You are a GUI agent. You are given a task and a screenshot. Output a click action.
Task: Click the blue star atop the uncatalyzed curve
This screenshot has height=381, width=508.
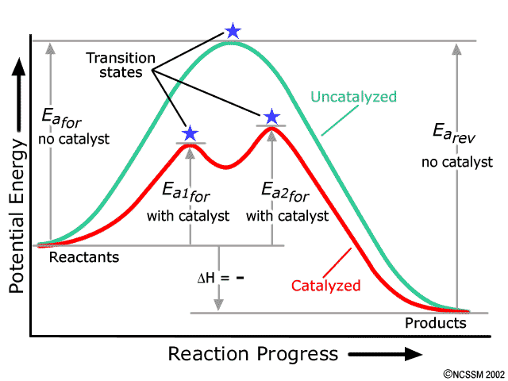coord(233,31)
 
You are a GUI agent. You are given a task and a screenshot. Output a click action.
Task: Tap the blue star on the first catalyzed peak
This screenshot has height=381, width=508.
coord(190,133)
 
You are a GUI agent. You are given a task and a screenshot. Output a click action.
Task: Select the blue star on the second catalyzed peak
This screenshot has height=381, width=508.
coord(271,116)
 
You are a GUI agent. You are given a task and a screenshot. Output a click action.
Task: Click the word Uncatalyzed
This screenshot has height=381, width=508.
coord(353,97)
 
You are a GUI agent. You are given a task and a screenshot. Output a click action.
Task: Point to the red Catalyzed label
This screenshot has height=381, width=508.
coord(326,285)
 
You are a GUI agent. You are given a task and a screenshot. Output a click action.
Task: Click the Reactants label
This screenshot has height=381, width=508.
coord(84,257)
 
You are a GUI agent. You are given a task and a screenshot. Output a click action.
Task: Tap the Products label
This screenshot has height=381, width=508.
coord(436,323)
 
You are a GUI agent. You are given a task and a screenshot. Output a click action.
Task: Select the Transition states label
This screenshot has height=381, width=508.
coord(117,66)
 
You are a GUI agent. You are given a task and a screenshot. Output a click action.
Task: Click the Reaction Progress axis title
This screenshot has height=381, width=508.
coord(252,354)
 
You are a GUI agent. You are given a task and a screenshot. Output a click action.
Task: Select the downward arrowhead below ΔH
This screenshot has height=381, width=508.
coord(219,306)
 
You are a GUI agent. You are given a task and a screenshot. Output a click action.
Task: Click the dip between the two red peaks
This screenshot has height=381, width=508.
coord(226,166)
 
